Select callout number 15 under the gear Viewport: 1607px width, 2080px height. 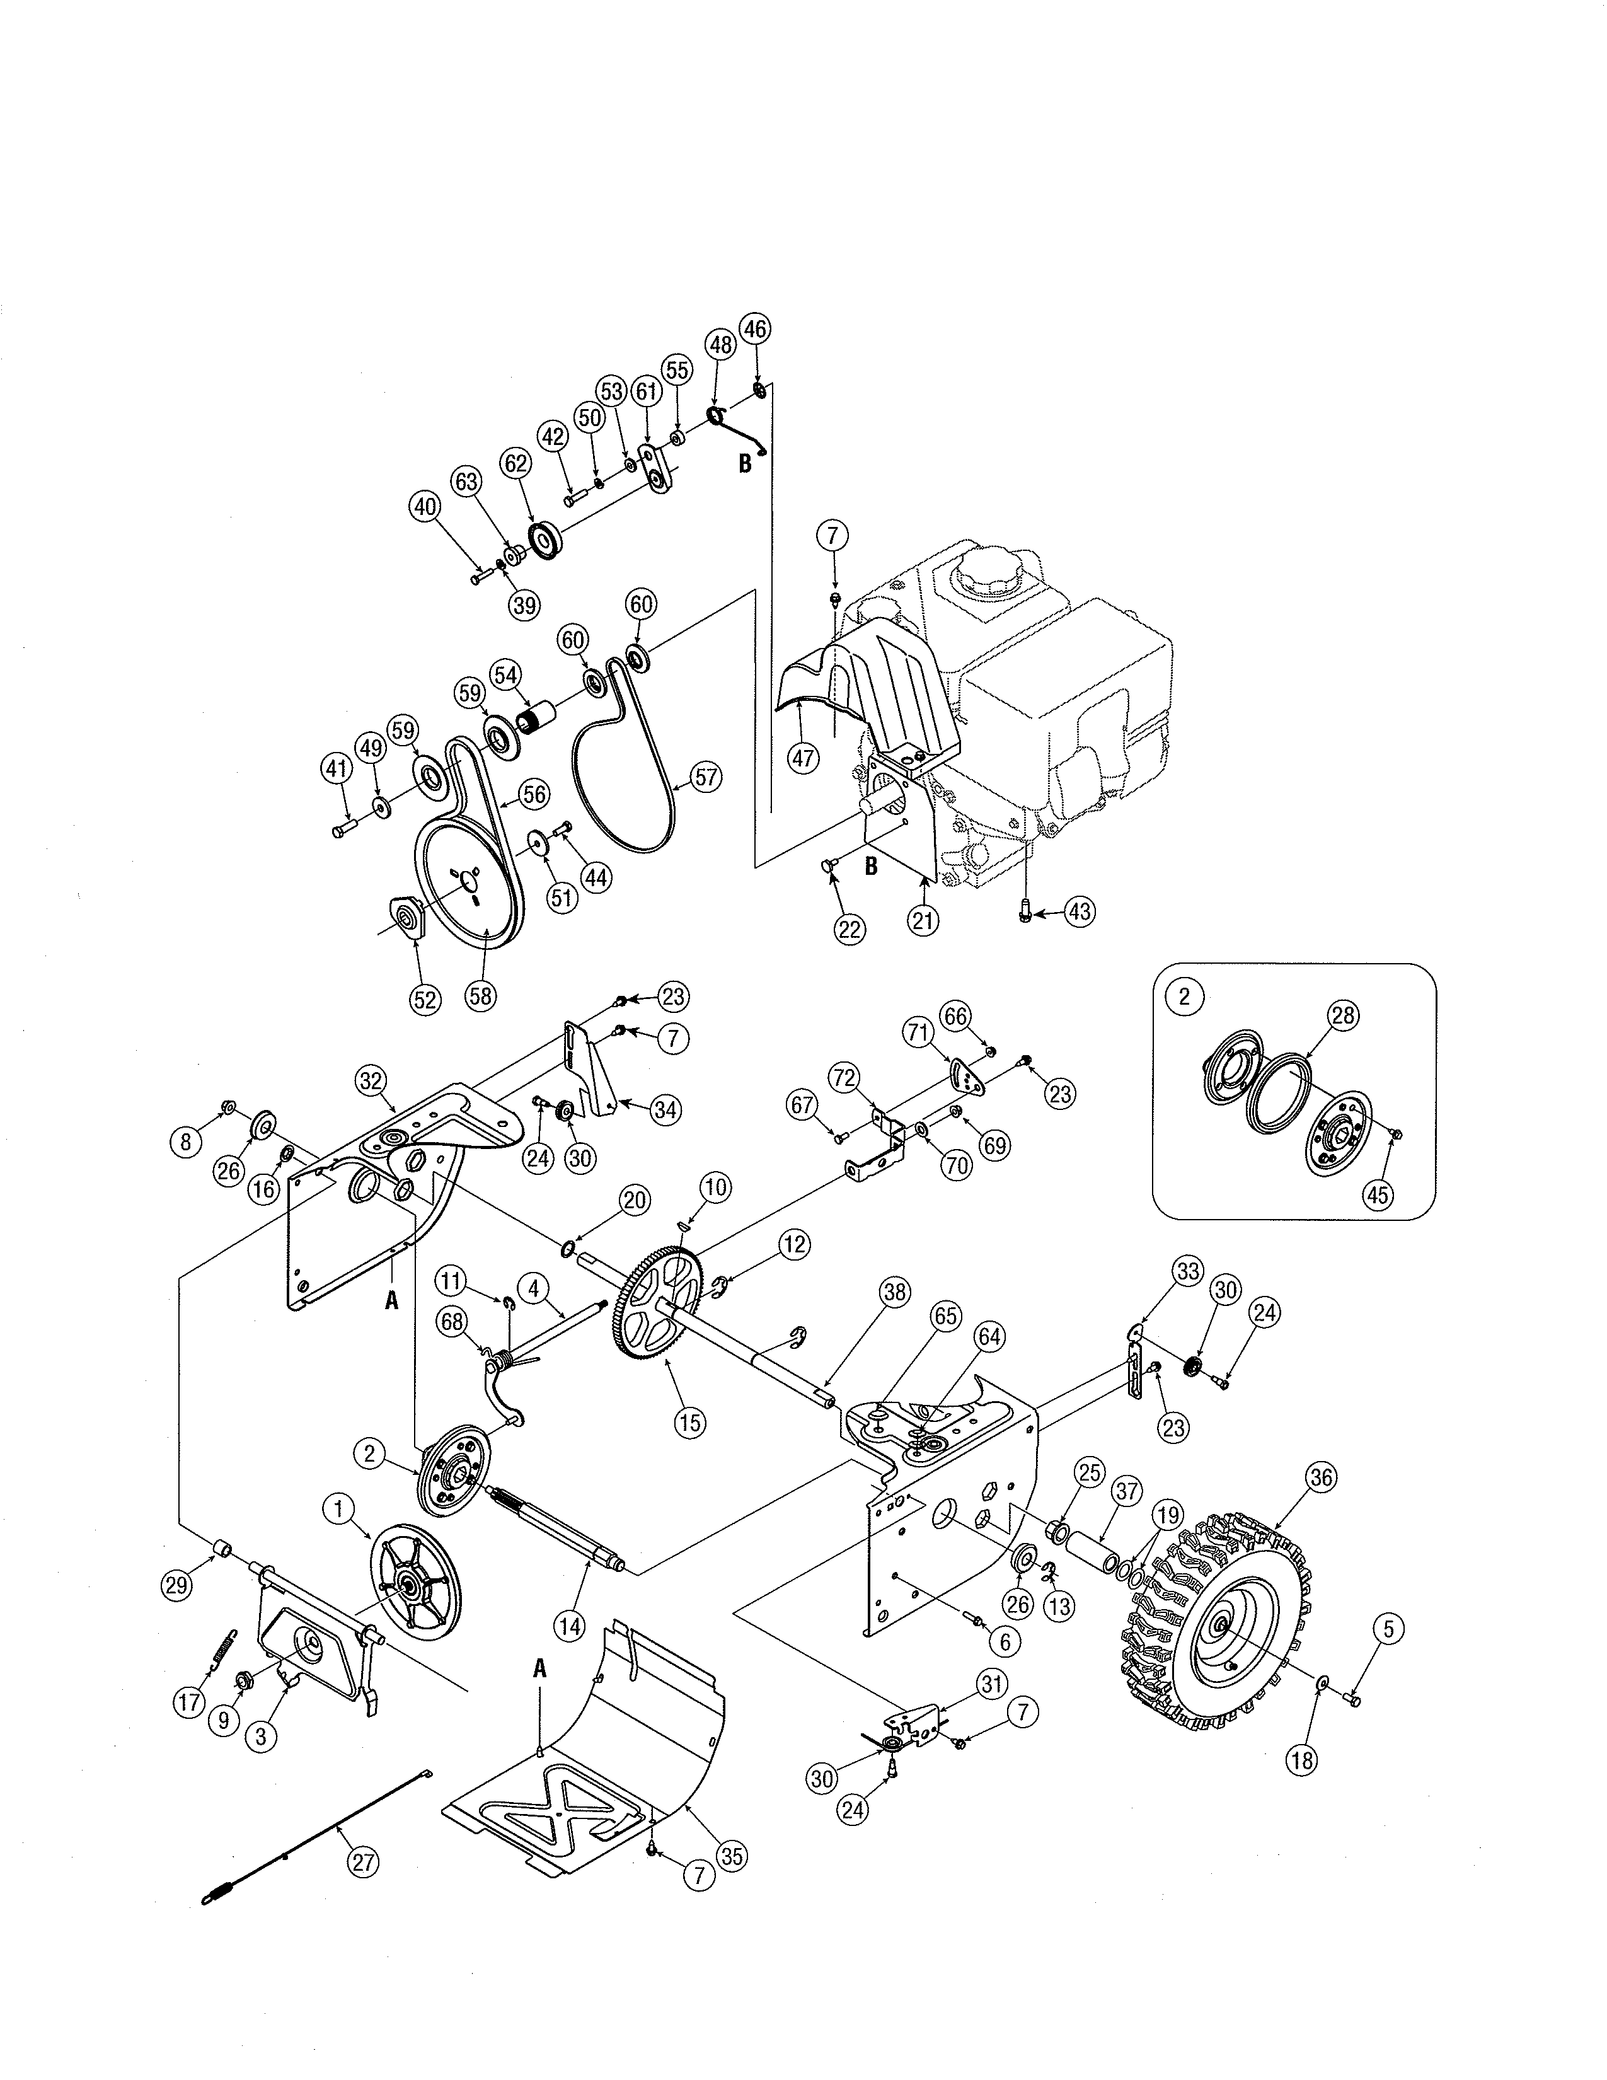pos(689,1422)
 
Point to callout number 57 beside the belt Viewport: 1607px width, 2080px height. pos(705,777)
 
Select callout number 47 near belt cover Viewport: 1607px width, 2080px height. pos(805,759)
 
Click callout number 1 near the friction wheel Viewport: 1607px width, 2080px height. pos(338,1508)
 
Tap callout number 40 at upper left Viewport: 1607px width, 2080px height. pos(425,507)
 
